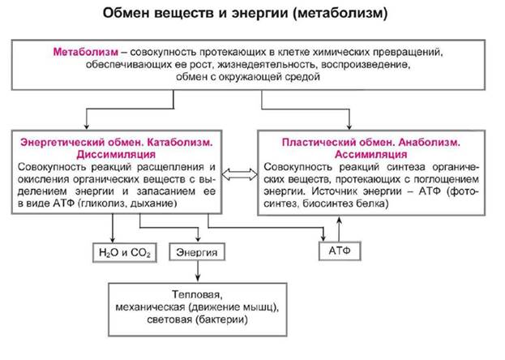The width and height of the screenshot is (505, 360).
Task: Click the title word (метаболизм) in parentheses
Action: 338,14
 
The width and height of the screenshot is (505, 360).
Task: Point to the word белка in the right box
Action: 371,204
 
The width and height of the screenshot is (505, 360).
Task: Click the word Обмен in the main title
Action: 126,14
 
